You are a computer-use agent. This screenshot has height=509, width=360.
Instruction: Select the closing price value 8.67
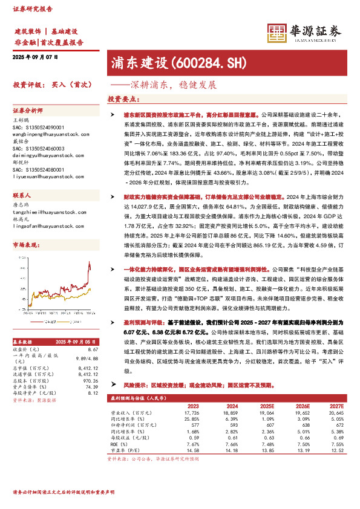click(93, 350)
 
